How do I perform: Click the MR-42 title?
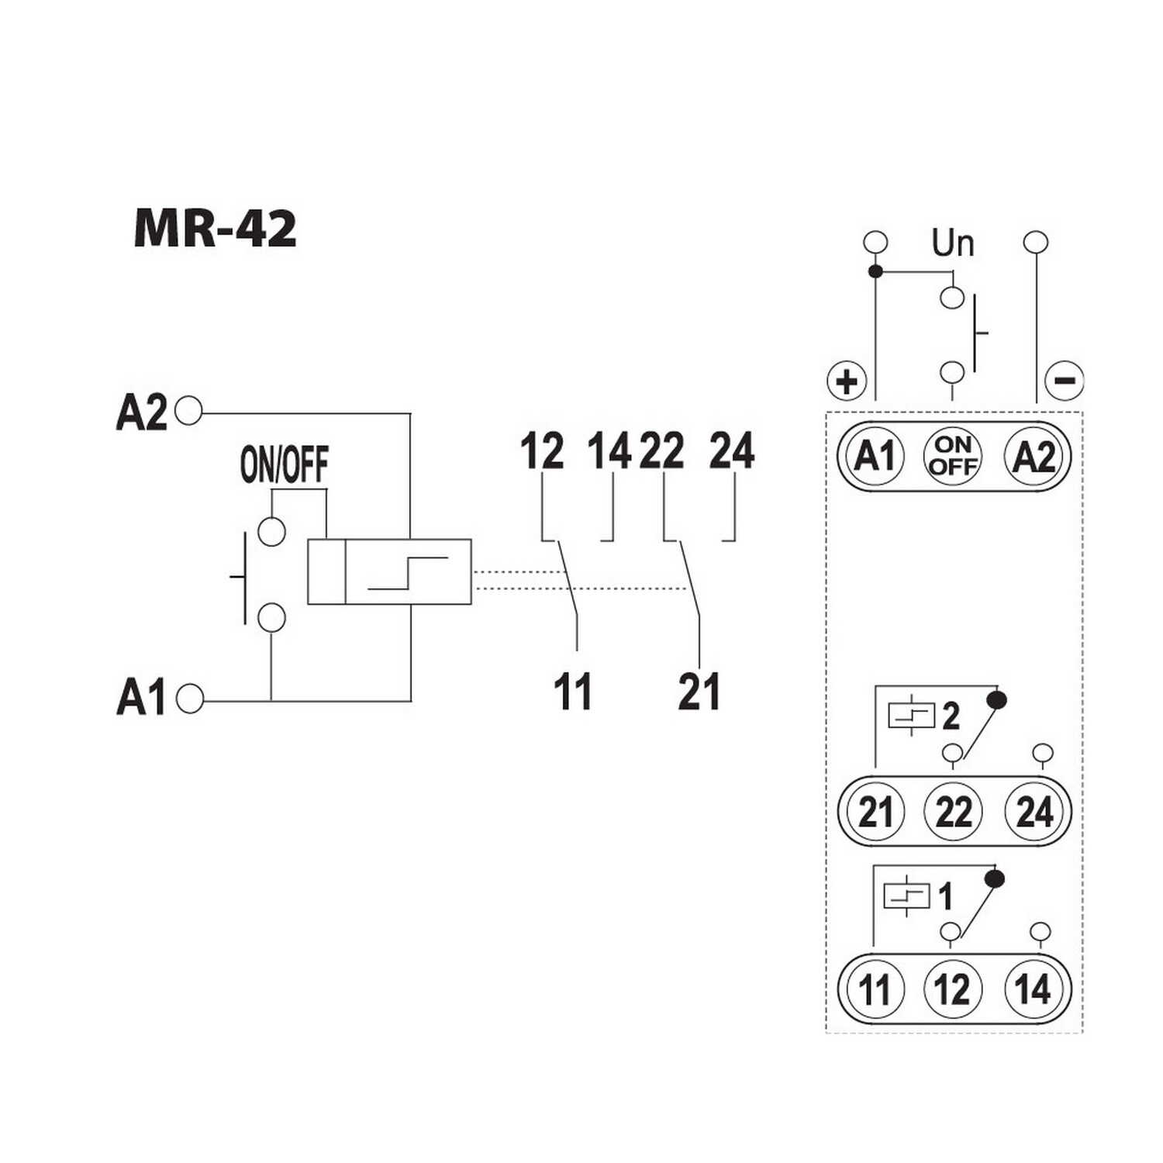click(215, 228)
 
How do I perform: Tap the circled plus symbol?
click(847, 381)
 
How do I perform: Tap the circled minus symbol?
click(1065, 380)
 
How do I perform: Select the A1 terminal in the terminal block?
click(875, 456)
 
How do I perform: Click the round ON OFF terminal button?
click(953, 456)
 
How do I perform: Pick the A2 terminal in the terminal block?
click(1034, 456)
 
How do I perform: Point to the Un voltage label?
click(952, 243)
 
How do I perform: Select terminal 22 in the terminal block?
click(953, 812)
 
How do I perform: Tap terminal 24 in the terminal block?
click(1034, 812)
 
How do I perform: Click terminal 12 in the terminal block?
click(953, 989)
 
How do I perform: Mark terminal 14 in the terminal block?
click(1034, 989)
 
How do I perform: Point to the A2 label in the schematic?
click(141, 412)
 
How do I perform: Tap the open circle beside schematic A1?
click(189, 699)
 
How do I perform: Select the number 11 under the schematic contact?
click(572, 692)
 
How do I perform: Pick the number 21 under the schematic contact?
click(699, 692)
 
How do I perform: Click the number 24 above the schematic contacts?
click(732, 451)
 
